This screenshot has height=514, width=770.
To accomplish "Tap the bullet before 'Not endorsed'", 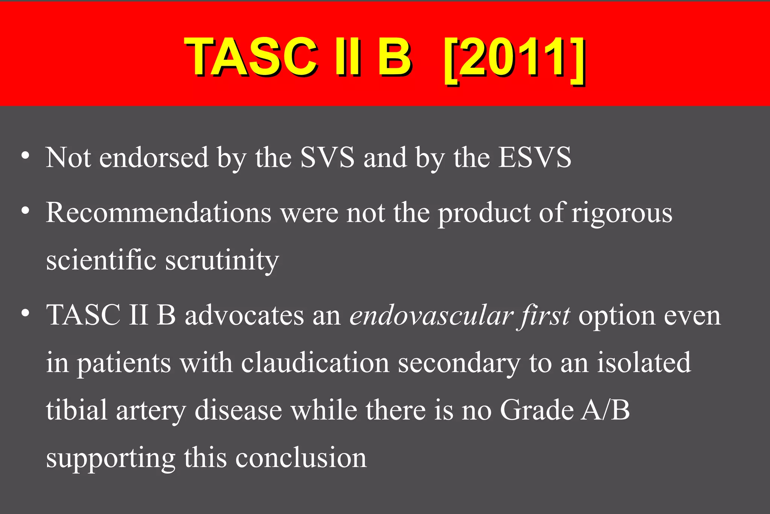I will click(25, 155).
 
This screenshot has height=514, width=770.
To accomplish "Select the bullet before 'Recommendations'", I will click(25, 211).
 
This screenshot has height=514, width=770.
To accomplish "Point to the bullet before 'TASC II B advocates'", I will click(25, 313).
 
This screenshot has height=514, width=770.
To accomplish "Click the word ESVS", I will click(535, 157).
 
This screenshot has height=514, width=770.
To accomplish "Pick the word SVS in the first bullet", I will click(327, 157).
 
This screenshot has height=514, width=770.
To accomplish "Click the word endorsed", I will click(154, 157).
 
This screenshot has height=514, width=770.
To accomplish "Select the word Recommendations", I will click(158, 213).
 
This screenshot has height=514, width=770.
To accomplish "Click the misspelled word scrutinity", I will click(222, 260).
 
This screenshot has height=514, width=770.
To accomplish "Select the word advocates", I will click(244, 315).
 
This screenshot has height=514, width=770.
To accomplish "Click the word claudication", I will click(315, 363).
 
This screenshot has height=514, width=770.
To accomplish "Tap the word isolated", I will click(644, 363).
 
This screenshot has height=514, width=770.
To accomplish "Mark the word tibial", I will click(77, 410).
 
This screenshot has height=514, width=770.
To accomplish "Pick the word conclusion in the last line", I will click(301, 458).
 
